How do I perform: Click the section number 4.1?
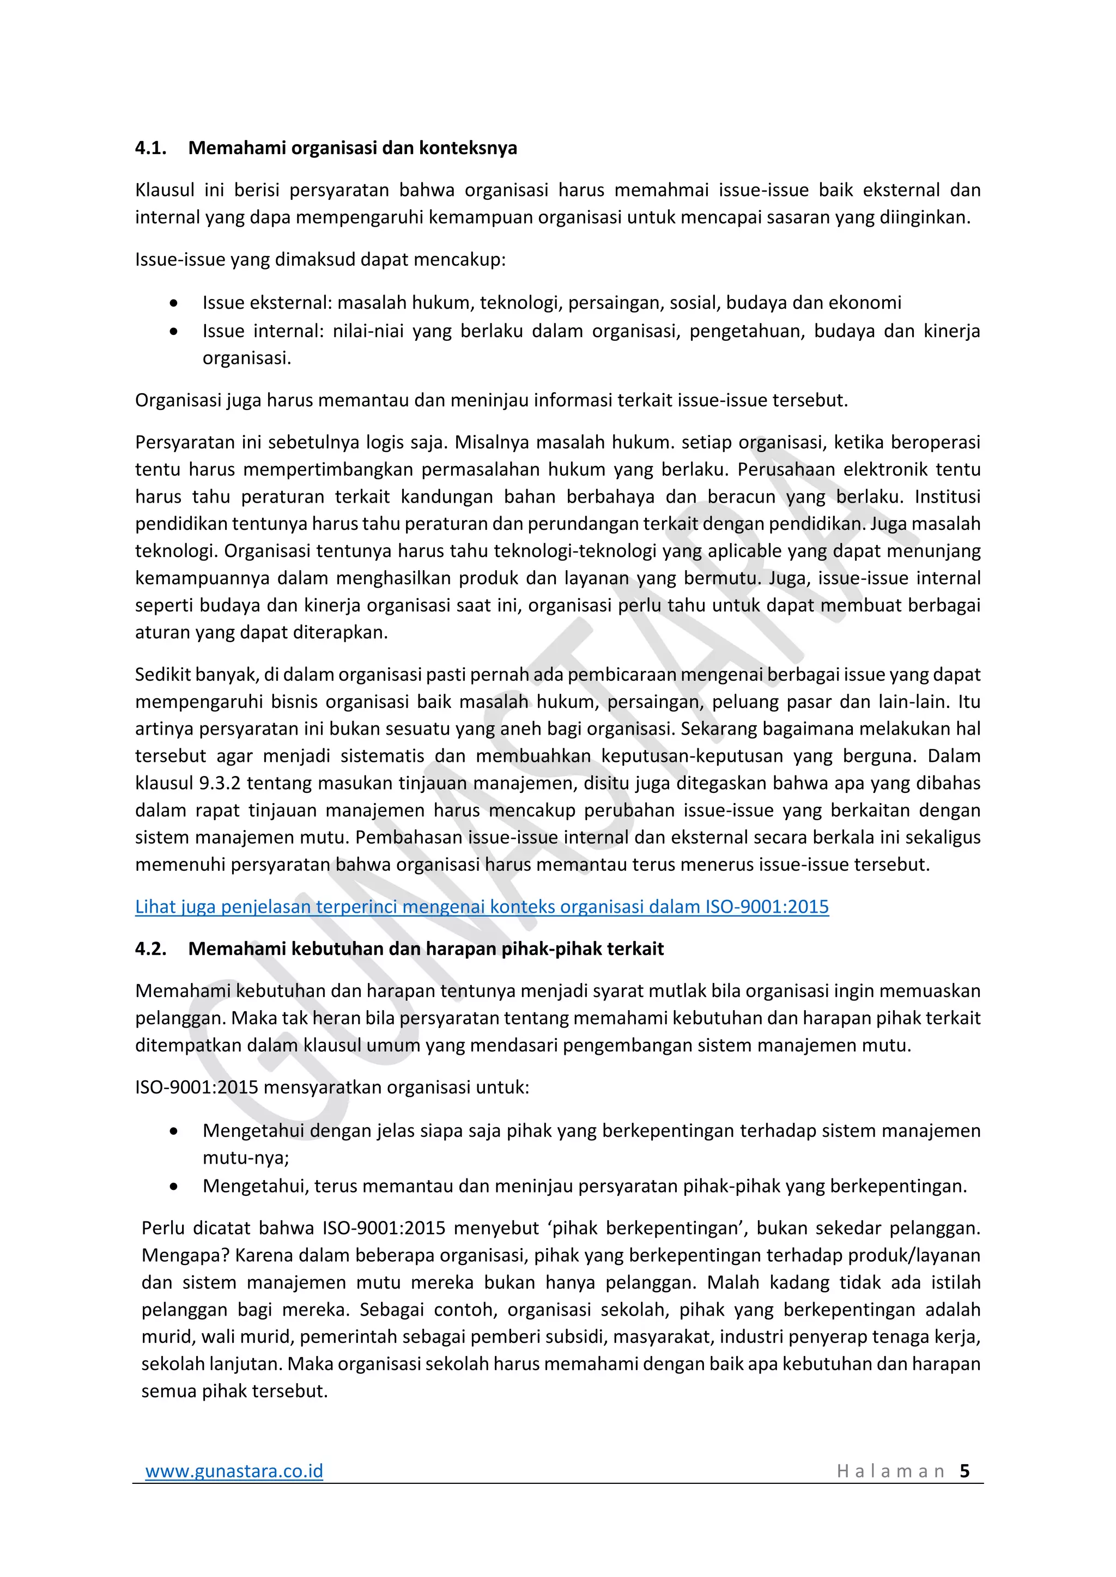coord(150,148)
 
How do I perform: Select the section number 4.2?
coord(150,949)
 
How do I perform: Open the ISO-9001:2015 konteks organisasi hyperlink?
coord(481,907)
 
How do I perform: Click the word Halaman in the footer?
coord(890,1471)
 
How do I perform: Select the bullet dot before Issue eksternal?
coord(174,303)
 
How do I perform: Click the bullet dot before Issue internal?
coord(174,332)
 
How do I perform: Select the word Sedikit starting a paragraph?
coord(162,675)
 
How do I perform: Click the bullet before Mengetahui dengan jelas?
coord(174,1131)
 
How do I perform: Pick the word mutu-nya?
coord(245,1158)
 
